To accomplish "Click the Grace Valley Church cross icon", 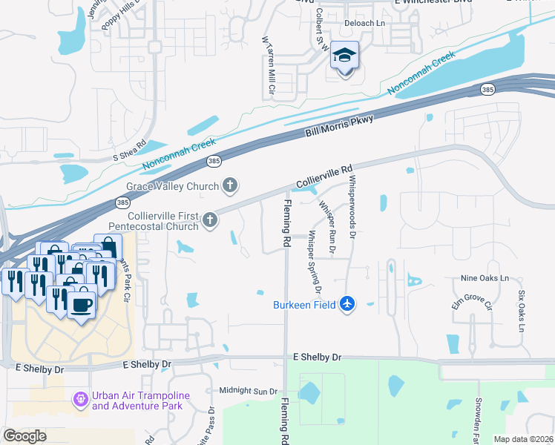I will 231,185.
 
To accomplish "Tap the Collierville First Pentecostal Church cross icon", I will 211,219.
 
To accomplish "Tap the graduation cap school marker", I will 344,56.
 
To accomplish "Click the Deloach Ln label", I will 363,23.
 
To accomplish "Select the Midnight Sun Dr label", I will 248,391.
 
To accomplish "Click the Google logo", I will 24,436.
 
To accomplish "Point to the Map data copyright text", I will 523,439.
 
